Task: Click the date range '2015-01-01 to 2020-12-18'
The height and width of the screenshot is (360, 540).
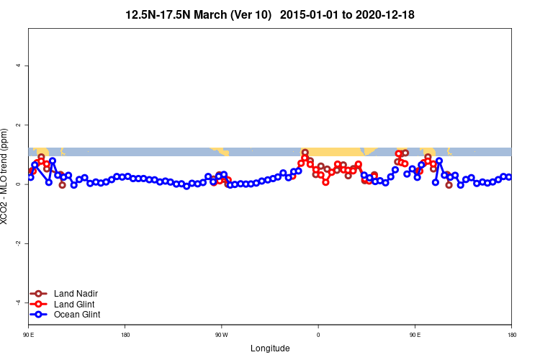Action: pos(347,14)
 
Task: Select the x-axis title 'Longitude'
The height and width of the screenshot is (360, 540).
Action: pos(270,348)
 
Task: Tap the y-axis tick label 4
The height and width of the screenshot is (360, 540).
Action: pos(18,66)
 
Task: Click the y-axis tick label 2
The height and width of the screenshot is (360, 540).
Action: pos(18,125)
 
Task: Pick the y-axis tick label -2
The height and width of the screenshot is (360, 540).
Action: pos(18,243)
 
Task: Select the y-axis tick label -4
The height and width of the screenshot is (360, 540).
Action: pos(18,302)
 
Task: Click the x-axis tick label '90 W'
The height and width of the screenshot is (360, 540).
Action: pos(221,335)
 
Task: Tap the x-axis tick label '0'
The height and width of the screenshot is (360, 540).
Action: pos(318,335)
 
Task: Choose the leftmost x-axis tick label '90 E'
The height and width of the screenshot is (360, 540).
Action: pos(28,335)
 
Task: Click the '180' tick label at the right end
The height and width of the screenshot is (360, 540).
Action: pos(511,335)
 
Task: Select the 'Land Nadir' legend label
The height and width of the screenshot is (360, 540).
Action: pos(76,294)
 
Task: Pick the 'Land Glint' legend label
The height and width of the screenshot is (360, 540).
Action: pos(75,304)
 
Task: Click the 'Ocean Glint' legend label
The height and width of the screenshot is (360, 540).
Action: pos(77,315)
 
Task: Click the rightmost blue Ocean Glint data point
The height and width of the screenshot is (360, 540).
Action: pos(509,177)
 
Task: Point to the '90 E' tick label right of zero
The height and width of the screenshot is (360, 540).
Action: pos(415,335)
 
